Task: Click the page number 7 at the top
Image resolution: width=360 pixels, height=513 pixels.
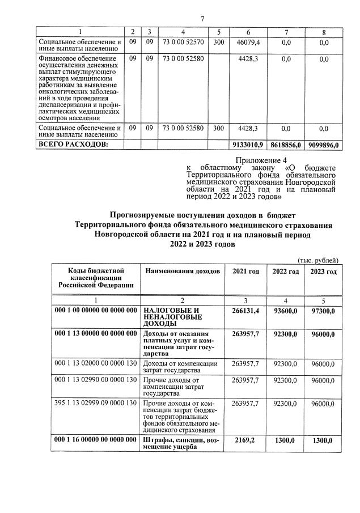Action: (x=202, y=20)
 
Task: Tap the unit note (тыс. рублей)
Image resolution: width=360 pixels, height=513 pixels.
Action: (x=319, y=260)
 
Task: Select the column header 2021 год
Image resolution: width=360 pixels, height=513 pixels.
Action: (x=246, y=272)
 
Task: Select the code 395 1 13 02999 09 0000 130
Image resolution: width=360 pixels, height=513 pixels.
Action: (x=96, y=403)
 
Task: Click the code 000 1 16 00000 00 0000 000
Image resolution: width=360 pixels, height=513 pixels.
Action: (x=95, y=440)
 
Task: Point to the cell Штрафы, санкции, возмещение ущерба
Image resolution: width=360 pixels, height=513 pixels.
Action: (x=181, y=443)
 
